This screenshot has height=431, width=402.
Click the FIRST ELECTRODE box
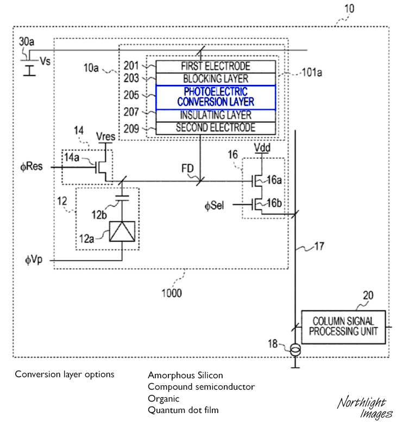(x=216, y=66)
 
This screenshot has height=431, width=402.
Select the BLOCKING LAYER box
(x=216, y=79)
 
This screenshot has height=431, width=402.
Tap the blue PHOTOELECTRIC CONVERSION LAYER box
(x=216, y=97)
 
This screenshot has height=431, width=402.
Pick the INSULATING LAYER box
(x=216, y=116)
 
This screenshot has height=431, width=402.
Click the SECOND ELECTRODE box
(x=216, y=128)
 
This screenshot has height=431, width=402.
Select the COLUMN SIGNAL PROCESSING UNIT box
(x=343, y=327)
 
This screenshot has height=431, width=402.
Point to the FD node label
(x=187, y=168)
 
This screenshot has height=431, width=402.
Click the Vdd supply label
(x=262, y=147)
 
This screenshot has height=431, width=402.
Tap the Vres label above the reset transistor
(x=105, y=136)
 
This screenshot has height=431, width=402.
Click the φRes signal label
(x=32, y=166)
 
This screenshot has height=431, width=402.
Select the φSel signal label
(x=214, y=205)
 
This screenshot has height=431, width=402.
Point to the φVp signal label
(x=34, y=259)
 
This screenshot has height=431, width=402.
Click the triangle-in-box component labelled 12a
(x=122, y=232)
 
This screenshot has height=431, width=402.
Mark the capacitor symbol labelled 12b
(x=122, y=198)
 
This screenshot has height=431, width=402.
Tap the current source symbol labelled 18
(x=296, y=350)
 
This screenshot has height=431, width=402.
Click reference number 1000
(x=172, y=293)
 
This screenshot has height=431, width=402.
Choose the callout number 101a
(x=312, y=73)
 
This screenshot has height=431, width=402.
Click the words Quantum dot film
(x=183, y=410)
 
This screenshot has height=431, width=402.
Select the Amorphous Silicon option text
(x=185, y=375)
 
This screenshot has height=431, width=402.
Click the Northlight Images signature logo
(x=365, y=408)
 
